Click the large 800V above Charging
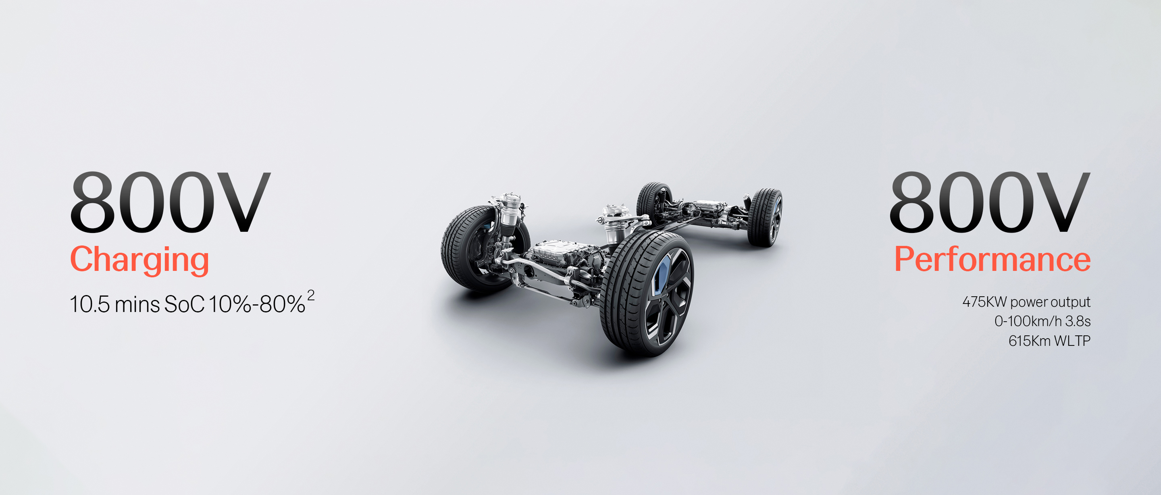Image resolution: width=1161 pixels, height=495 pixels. click(x=171, y=202)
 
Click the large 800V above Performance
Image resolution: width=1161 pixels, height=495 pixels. click(x=990, y=202)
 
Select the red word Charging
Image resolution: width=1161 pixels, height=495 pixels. click(x=140, y=260)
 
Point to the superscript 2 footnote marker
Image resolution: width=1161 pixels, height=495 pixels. click(x=311, y=296)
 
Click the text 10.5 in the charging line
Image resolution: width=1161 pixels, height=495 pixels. click(x=89, y=304)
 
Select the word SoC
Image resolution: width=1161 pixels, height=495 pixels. click(x=184, y=304)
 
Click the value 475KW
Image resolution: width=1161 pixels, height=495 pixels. click(x=984, y=302)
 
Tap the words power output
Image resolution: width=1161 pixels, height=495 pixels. click(x=1050, y=302)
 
